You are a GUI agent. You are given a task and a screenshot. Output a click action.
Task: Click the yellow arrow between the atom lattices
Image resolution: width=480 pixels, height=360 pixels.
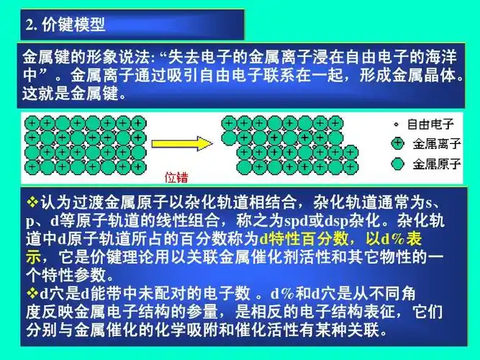pos(192,143)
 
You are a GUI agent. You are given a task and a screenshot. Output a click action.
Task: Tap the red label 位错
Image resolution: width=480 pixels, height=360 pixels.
pos(178,175)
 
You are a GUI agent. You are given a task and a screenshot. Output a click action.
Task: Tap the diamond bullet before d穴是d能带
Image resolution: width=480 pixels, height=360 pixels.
pos(30,295)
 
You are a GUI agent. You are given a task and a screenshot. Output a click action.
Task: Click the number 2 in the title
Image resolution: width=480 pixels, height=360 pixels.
pos(29,25)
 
